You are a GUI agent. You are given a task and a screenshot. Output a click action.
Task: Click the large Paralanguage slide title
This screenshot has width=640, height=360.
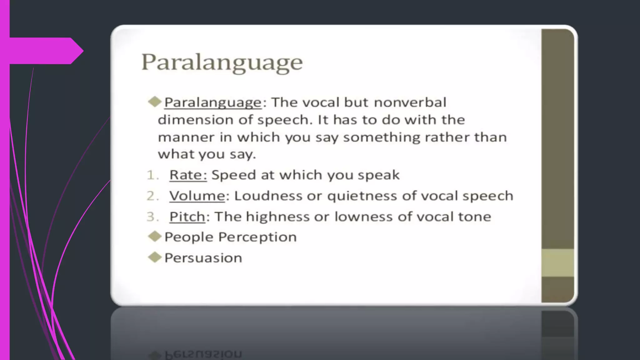[222, 62]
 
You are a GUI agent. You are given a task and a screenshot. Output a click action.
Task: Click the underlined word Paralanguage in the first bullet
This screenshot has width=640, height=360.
[213, 103]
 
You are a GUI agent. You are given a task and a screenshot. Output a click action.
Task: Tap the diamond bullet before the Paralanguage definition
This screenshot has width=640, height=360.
[154, 102]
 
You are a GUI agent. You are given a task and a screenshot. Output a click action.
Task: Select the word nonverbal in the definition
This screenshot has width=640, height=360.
[410, 102]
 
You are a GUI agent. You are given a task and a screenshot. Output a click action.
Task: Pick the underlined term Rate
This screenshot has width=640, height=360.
[188, 175]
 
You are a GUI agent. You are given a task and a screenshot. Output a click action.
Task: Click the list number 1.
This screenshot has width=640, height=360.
[151, 175]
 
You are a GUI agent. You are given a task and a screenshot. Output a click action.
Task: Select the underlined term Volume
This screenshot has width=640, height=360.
[197, 196]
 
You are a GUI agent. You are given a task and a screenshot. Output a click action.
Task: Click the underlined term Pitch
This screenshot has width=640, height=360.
[187, 217]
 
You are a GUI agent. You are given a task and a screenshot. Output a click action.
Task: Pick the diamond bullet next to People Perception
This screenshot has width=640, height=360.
[154, 237]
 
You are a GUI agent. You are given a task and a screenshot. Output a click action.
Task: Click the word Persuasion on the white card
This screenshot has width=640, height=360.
[203, 258]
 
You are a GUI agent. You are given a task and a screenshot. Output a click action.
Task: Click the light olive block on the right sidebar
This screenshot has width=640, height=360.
[557, 263]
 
